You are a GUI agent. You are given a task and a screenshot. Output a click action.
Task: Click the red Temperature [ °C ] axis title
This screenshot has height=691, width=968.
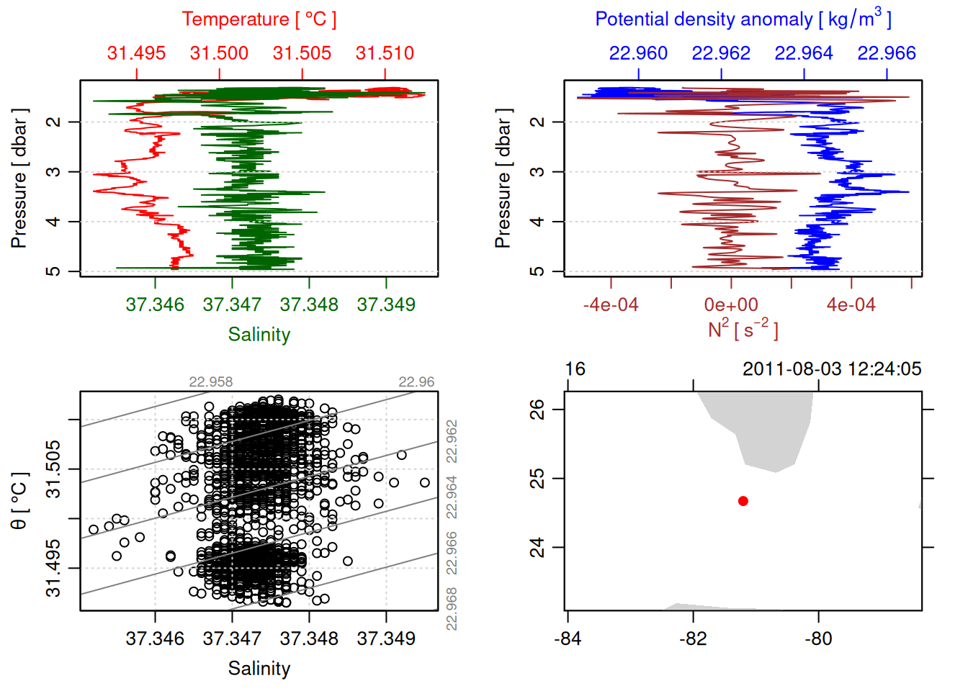point(259,19)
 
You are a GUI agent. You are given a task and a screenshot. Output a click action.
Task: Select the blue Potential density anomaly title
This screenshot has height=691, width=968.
point(743,19)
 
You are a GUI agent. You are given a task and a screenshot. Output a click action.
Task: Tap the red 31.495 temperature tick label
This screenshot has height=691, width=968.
point(136,53)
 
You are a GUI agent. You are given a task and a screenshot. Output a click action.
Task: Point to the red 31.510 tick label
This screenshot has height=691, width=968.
point(385,53)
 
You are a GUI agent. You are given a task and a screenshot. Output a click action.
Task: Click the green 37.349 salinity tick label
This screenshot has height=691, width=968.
point(386,304)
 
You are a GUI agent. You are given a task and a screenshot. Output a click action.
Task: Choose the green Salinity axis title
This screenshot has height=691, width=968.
point(259,335)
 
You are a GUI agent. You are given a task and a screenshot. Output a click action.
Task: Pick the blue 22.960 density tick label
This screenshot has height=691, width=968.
point(638,53)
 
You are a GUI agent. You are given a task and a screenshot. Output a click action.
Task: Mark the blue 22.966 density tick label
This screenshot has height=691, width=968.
point(886,53)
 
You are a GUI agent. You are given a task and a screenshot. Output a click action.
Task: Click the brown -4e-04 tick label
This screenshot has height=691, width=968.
point(611,304)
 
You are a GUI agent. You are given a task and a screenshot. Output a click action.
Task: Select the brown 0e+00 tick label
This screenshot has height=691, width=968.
point(731,304)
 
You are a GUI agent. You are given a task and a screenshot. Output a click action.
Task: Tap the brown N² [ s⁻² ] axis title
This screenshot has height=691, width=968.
point(743,329)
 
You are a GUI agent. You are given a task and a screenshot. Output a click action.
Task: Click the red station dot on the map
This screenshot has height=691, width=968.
point(743,501)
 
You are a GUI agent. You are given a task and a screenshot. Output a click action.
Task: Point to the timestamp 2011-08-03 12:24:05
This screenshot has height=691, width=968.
point(832,369)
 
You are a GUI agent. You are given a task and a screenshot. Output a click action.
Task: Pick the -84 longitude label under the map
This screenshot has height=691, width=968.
point(568,638)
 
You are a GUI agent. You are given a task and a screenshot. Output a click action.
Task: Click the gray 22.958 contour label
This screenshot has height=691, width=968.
point(210,382)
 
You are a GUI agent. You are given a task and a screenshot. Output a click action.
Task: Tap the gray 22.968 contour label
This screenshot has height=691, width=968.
point(452,609)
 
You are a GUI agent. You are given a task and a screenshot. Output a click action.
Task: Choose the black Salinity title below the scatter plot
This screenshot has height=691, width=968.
point(259,669)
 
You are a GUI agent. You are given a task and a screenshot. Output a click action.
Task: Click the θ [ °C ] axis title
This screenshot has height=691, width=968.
point(19,501)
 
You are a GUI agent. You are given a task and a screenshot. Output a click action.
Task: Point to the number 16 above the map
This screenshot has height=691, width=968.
point(575,369)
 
